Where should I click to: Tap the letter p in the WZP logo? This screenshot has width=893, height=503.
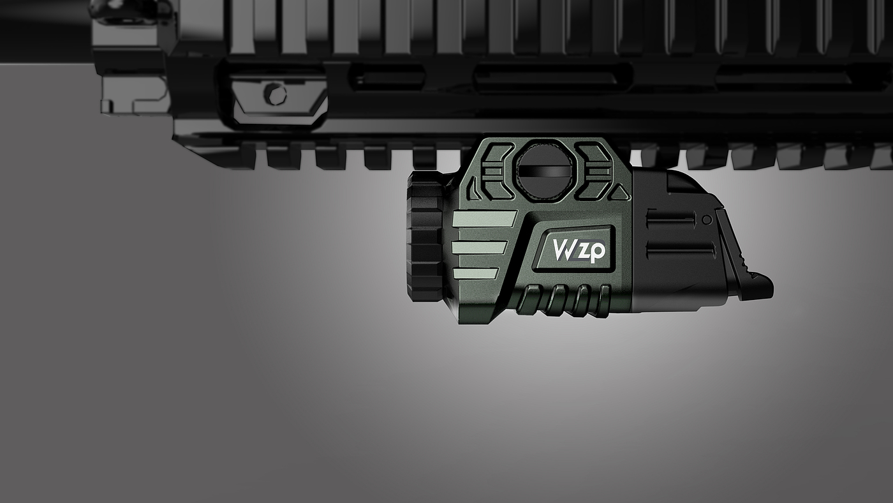pos(596,251)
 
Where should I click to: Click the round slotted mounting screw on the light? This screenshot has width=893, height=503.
pos(543,170)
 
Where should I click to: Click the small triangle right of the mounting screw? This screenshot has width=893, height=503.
pos(620,192)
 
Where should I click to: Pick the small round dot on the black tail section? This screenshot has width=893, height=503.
pos(707,220)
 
